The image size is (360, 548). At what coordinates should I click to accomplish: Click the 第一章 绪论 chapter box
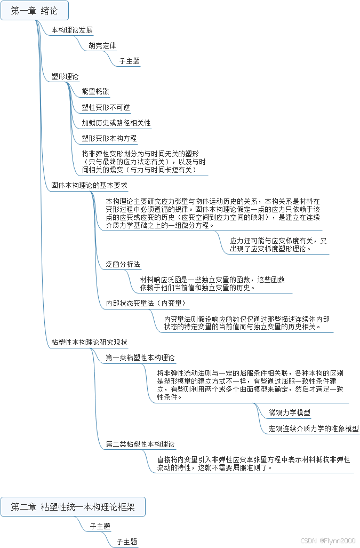(x=35, y=11)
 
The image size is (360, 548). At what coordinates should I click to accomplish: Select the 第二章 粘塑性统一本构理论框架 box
(x=73, y=507)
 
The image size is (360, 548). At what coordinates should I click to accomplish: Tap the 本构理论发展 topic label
(x=72, y=30)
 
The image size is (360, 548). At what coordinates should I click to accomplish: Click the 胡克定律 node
(x=102, y=45)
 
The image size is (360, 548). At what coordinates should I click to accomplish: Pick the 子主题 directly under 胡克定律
(x=130, y=61)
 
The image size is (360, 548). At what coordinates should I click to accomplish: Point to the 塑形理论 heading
(x=65, y=76)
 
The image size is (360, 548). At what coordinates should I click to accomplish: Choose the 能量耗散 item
(x=95, y=92)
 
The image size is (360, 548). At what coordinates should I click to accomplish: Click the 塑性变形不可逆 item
(x=106, y=107)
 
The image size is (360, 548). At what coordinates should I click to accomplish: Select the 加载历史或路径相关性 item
(x=116, y=123)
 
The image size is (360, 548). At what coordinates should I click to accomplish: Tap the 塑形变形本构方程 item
(x=109, y=138)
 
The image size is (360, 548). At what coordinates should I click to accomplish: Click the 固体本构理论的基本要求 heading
(x=89, y=185)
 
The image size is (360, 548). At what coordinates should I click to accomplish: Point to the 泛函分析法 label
(x=123, y=264)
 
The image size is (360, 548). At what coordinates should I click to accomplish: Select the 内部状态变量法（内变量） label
(x=145, y=303)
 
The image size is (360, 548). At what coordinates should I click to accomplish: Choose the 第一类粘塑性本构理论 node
(x=140, y=357)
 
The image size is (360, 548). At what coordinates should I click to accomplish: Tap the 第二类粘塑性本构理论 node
(x=140, y=443)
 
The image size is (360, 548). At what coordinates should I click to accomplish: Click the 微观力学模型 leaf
(x=290, y=412)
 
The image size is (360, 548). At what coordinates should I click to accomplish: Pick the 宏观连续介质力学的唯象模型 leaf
(x=314, y=428)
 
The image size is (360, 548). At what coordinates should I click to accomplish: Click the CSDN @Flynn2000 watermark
(x=328, y=541)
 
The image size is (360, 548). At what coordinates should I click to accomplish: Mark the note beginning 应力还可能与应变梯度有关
(x=278, y=244)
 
